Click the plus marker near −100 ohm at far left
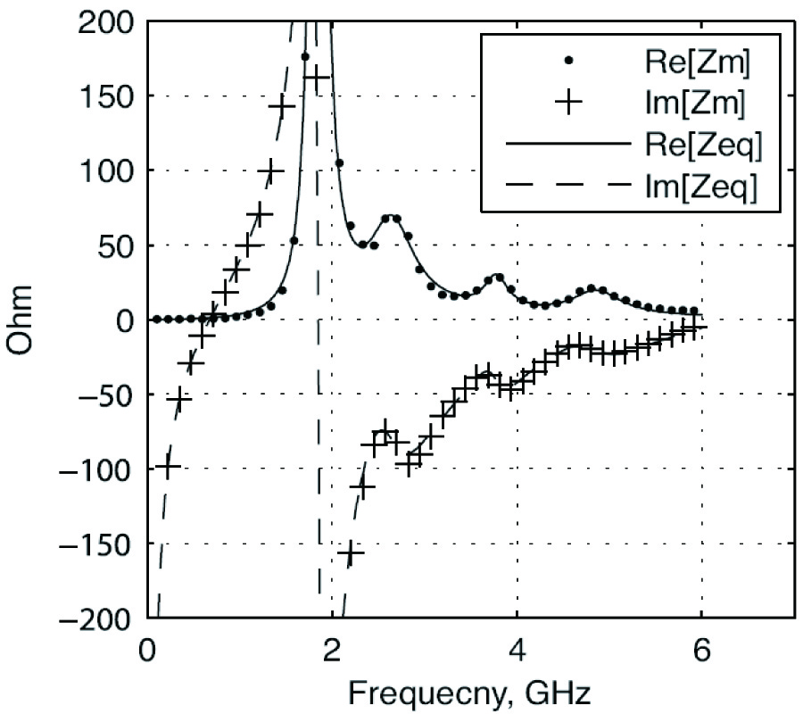coord(167,466)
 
